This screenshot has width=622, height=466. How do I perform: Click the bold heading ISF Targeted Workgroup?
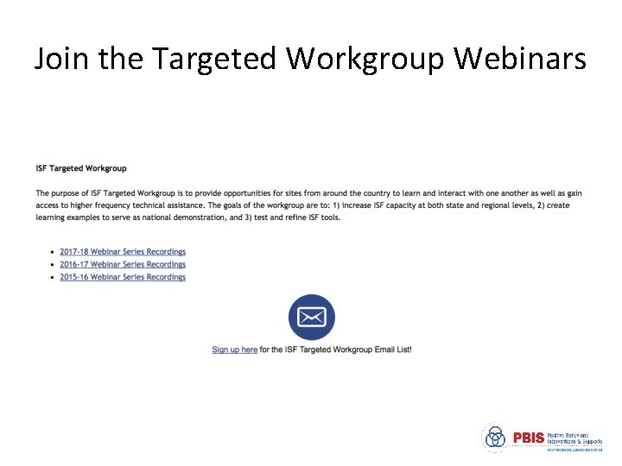pos(81,168)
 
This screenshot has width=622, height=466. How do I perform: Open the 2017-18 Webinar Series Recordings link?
pos(123,252)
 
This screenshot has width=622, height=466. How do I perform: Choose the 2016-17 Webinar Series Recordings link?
pos(123,265)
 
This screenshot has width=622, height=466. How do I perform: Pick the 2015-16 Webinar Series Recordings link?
pos(123,277)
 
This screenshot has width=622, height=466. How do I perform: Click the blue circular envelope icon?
pos(311,318)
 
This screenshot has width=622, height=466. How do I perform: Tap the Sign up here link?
pos(234,349)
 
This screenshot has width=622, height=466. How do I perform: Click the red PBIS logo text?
pos(528,438)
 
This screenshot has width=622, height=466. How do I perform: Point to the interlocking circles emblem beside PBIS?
pos(495,438)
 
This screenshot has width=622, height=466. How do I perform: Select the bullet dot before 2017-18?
pos(54,252)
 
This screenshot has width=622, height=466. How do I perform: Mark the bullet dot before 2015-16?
pos(54,278)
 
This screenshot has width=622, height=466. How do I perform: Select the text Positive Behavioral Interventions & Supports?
pos(574,438)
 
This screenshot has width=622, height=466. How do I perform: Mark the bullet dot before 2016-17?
pos(54,265)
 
